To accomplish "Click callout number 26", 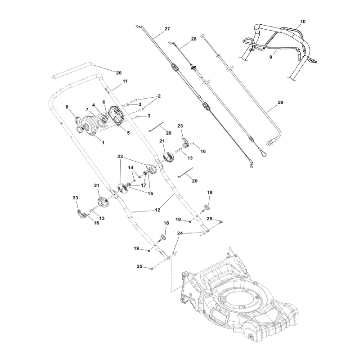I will tap(119, 72).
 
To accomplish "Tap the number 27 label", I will tap(167, 29).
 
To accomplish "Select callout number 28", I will tap(193, 39).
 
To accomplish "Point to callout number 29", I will tap(280, 103).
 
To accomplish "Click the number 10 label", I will tap(302, 22).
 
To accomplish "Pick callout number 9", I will tap(271, 58).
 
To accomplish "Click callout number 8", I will tap(67, 107).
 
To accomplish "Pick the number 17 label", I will tap(144, 184).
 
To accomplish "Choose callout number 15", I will tap(150, 193).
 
